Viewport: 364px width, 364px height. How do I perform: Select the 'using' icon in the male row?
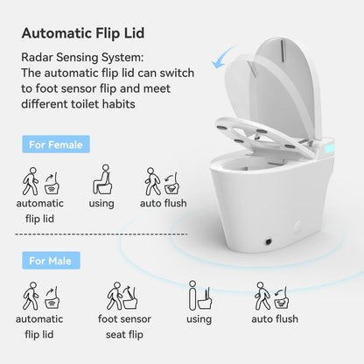click(199, 297)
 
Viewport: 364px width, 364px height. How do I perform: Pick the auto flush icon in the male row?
click(269, 297)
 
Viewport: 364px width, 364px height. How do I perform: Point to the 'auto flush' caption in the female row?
click(163, 205)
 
